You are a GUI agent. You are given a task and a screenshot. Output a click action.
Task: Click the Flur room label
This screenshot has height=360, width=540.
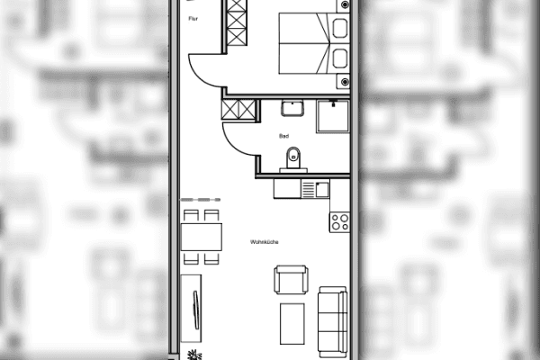[x=193, y=18]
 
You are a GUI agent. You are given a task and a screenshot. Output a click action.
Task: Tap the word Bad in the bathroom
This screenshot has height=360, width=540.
[x=284, y=136]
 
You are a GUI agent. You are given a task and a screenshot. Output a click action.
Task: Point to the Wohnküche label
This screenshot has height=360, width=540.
[x=265, y=242]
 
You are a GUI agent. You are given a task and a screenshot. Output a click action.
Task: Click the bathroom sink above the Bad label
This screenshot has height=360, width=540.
[x=292, y=109]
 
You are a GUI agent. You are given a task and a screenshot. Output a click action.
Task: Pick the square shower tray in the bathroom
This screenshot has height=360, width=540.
[x=333, y=116]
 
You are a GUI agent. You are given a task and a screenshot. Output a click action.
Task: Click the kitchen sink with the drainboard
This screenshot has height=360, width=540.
[x=315, y=189]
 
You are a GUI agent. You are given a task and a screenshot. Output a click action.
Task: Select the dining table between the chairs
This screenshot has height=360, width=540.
[x=202, y=237]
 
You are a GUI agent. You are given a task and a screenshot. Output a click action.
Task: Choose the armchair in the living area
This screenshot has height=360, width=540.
[x=290, y=281]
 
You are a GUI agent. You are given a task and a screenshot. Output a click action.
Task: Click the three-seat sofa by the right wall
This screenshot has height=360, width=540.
[x=333, y=320]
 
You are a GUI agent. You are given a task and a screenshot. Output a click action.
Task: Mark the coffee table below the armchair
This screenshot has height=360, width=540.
[x=292, y=324]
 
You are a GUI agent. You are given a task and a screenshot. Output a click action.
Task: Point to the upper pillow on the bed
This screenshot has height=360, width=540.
[x=340, y=28]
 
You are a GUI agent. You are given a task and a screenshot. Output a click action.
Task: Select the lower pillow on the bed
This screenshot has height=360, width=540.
[x=340, y=59]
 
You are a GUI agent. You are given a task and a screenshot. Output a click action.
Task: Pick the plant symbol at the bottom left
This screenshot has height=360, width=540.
[x=192, y=354]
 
